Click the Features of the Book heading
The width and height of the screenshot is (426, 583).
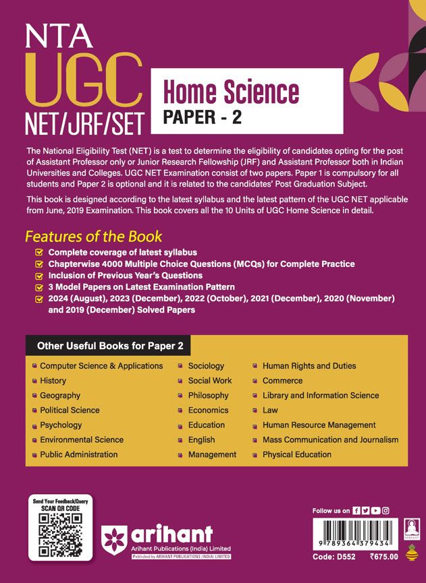pyautogui.click(x=94, y=237)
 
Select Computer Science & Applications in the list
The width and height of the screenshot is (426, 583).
pyautogui.click(x=101, y=366)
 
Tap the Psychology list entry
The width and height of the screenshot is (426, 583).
pyautogui.click(x=61, y=425)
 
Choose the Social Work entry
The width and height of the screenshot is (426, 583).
pyautogui.click(x=209, y=381)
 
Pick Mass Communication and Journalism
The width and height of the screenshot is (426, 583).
pyautogui.click(x=330, y=440)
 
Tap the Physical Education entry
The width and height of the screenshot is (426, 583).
pyautogui.click(x=297, y=455)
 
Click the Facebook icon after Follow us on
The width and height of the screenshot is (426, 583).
pyautogui.click(x=356, y=511)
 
